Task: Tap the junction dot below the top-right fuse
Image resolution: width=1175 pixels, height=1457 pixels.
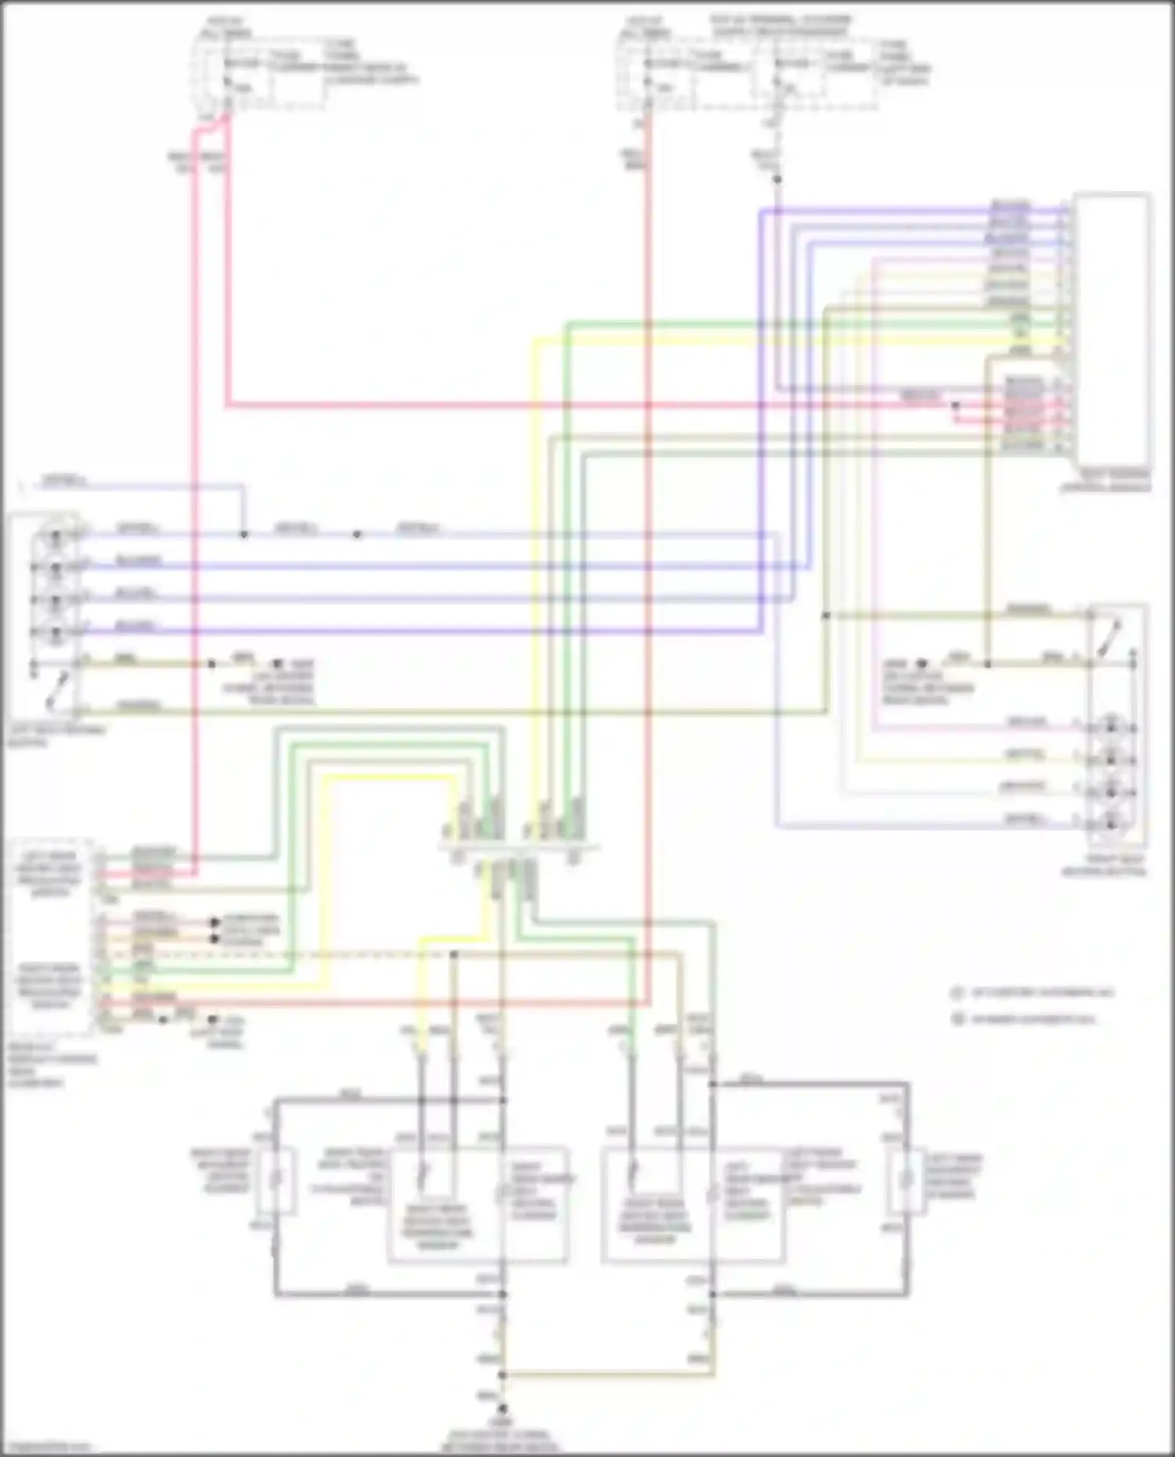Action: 777,180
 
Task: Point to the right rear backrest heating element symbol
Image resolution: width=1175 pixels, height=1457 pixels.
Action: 276,1181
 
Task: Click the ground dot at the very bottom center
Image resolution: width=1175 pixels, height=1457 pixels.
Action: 502,1407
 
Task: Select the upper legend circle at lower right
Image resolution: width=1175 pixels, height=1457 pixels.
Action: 956,993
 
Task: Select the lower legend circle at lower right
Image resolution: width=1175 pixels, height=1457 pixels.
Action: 956,1019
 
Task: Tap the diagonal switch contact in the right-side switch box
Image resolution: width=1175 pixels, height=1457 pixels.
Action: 1110,638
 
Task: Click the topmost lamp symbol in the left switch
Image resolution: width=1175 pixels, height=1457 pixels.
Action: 55,539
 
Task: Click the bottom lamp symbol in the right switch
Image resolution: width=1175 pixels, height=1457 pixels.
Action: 1111,822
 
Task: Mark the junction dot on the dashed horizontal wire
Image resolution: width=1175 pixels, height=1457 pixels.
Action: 454,954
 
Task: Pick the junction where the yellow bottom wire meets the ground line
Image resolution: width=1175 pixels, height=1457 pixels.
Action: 502,1375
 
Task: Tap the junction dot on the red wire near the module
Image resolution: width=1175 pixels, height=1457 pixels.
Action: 955,406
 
